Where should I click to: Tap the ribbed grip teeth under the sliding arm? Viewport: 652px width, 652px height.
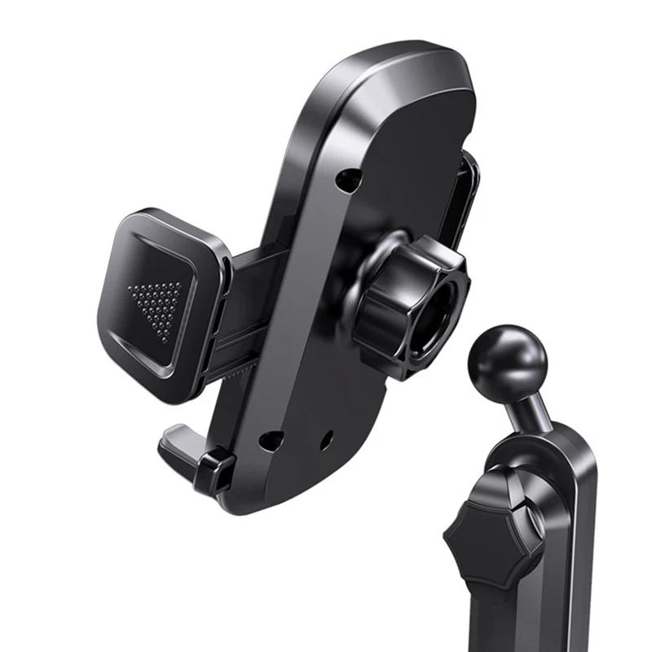tap(236, 371)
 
